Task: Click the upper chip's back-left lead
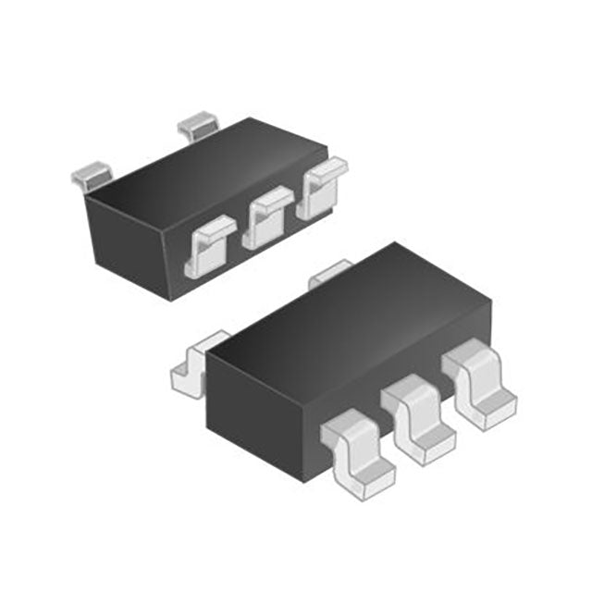point(91,174)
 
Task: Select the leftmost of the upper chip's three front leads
point(210,245)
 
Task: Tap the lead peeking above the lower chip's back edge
point(329,272)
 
